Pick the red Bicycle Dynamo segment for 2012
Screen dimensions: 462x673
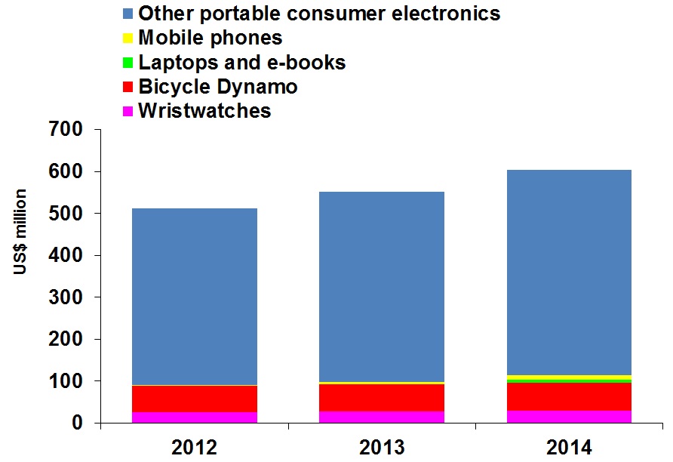[x=195, y=399]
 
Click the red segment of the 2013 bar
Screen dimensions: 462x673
[x=381, y=398]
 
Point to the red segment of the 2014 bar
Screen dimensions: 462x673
[x=568, y=396]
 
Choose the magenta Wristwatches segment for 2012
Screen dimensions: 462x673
[x=195, y=417]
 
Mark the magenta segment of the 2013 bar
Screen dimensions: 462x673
[x=381, y=417]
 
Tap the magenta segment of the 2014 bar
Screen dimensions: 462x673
[x=568, y=417]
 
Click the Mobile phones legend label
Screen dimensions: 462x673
[x=210, y=38]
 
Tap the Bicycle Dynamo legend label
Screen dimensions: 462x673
[x=217, y=87]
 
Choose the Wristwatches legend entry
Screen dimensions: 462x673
[x=204, y=111]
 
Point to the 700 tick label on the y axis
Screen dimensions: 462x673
[x=66, y=130]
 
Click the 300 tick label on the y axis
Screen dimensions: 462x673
[x=66, y=297]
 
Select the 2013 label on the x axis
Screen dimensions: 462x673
[x=381, y=448]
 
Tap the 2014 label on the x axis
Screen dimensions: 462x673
[x=568, y=448]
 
